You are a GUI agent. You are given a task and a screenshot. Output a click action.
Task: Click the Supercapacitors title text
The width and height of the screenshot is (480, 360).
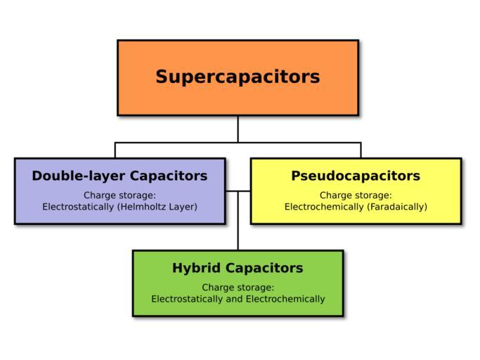(x=238, y=76)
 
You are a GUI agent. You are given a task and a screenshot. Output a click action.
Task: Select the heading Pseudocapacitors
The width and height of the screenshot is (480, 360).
(x=356, y=176)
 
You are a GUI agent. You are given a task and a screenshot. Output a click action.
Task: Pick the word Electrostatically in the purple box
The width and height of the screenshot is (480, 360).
(x=78, y=207)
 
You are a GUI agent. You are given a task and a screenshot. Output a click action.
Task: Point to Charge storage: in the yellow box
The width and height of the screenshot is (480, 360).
(x=356, y=195)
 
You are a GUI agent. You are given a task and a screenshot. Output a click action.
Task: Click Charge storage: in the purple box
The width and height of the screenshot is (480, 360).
(x=119, y=195)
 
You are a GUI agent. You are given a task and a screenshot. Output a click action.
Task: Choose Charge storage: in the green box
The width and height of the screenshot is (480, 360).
(x=238, y=287)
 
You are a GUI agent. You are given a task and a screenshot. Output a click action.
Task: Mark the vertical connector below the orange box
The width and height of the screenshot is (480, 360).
(x=238, y=129)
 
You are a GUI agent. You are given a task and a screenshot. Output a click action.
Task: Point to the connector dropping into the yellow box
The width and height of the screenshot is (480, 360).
(x=361, y=150)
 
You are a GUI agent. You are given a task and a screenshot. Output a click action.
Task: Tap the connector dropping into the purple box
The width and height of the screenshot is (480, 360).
(x=115, y=150)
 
